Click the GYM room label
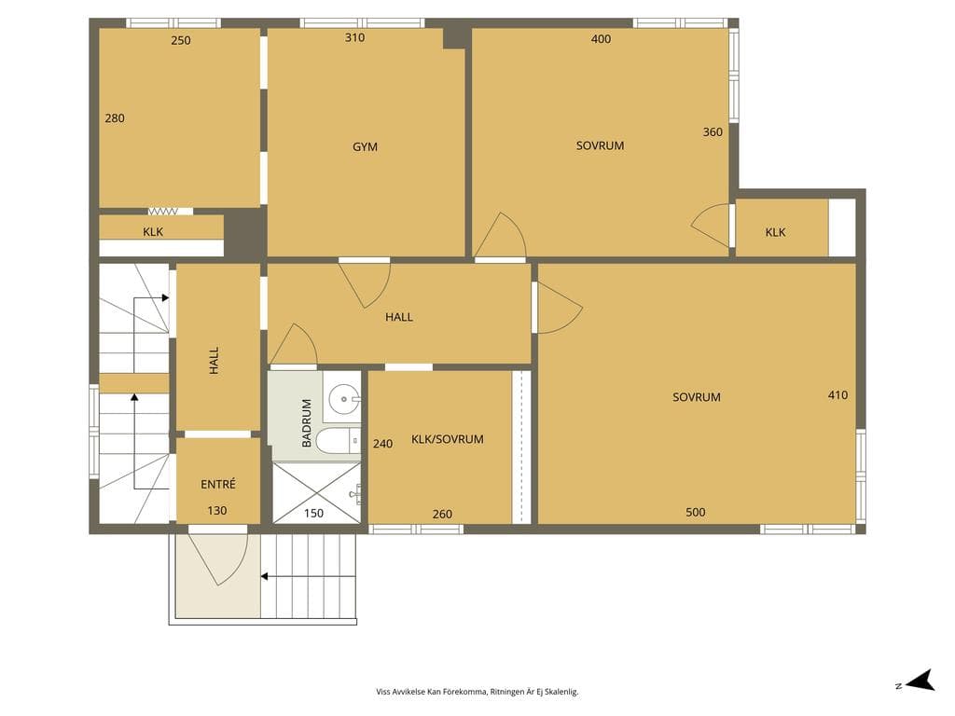pyautogui.click(x=365, y=146)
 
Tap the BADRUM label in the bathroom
pyautogui.click(x=306, y=423)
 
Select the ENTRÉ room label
pyautogui.click(x=218, y=484)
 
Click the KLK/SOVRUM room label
pyautogui.click(x=448, y=439)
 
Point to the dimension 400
pyautogui.click(x=601, y=39)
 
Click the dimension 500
pyautogui.click(x=695, y=512)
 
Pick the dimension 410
pyautogui.click(x=837, y=395)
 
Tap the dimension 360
pyautogui.click(x=712, y=132)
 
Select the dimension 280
pyautogui.click(x=115, y=118)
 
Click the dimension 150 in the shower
pyautogui.click(x=313, y=514)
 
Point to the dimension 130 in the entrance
pyautogui.click(x=216, y=511)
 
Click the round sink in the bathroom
pyautogui.click(x=343, y=399)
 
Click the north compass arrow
pyautogui.click(x=920, y=681)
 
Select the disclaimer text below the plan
pyautogui.click(x=477, y=692)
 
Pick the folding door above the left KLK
pyautogui.click(x=162, y=212)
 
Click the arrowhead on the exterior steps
pyautogui.click(x=264, y=576)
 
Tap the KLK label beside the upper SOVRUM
pyautogui.click(x=775, y=232)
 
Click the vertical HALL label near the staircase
pyautogui.click(x=214, y=361)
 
